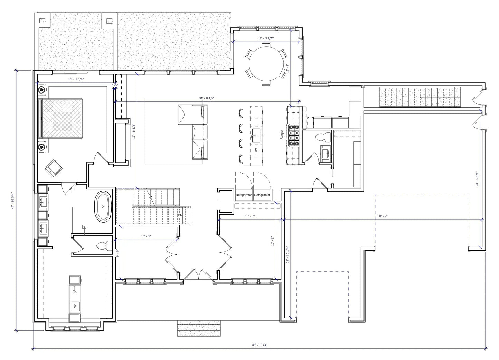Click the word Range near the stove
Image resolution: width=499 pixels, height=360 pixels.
[282, 134]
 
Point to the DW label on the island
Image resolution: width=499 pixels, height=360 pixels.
[256, 150]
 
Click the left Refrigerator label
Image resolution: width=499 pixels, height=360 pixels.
[244, 195]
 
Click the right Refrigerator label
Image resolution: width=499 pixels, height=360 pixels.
[262, 195]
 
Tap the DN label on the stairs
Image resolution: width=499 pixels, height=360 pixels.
[180, 215]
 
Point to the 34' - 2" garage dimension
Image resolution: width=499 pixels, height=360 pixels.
[383, 216]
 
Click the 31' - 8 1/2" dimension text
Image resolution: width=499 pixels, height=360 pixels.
[207, 98]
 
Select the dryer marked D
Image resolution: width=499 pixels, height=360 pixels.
[75, 292]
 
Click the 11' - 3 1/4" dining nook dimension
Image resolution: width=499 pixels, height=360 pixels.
[266, 38]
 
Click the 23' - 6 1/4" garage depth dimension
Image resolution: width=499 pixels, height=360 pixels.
[477, 179]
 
